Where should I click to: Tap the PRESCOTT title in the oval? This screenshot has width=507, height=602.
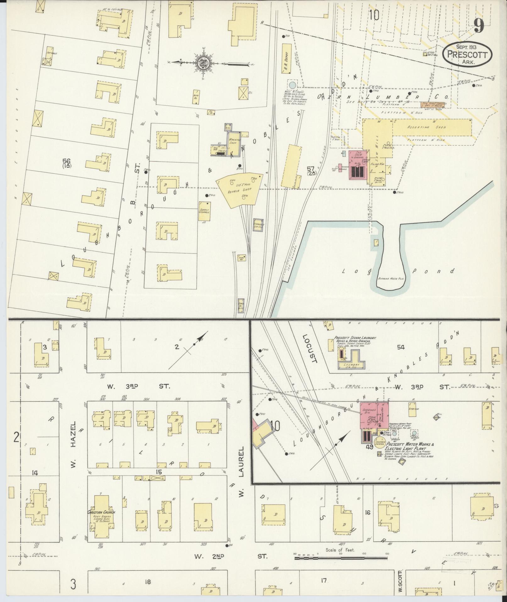pos(467,54)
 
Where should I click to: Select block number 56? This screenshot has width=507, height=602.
pos(66,160)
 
